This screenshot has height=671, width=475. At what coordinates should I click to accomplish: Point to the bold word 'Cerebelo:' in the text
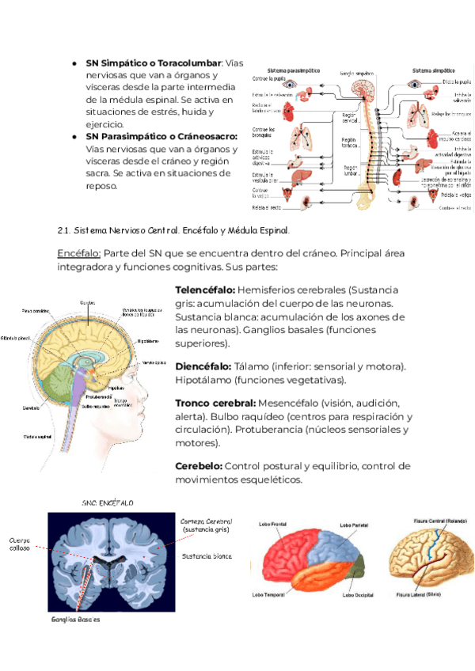click(x=199, y=466)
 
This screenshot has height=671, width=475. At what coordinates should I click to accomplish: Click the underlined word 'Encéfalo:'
click(x=78, y=252)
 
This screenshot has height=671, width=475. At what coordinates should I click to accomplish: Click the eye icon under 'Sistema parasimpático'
click(x=290, y=82)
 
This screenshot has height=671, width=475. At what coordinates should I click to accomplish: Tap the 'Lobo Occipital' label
click(x=359, y=594)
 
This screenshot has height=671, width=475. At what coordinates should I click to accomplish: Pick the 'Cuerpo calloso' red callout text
click(x=21, y=544)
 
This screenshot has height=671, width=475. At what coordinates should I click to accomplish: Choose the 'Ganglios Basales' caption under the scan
click(x=75, y=620)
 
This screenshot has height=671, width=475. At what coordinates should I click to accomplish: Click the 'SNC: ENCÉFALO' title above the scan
click(x=108, y=502)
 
